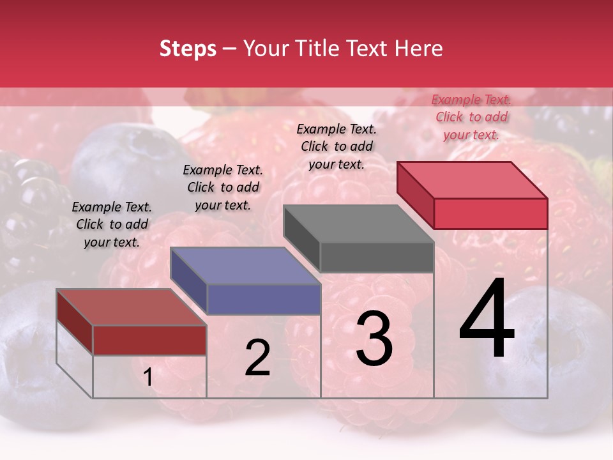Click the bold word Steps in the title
(x=188, y=49)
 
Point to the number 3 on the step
(x=374, y=338)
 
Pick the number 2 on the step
(x=257, y=358)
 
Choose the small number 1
(x=148, y=378)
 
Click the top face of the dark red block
(x=131, y=307)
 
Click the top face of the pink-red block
(x=472, y=180)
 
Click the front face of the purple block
(x=264, y=300)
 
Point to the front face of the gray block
(x=377, y=257)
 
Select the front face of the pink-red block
(x=490, y=213)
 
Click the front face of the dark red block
(x=149, y=340)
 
